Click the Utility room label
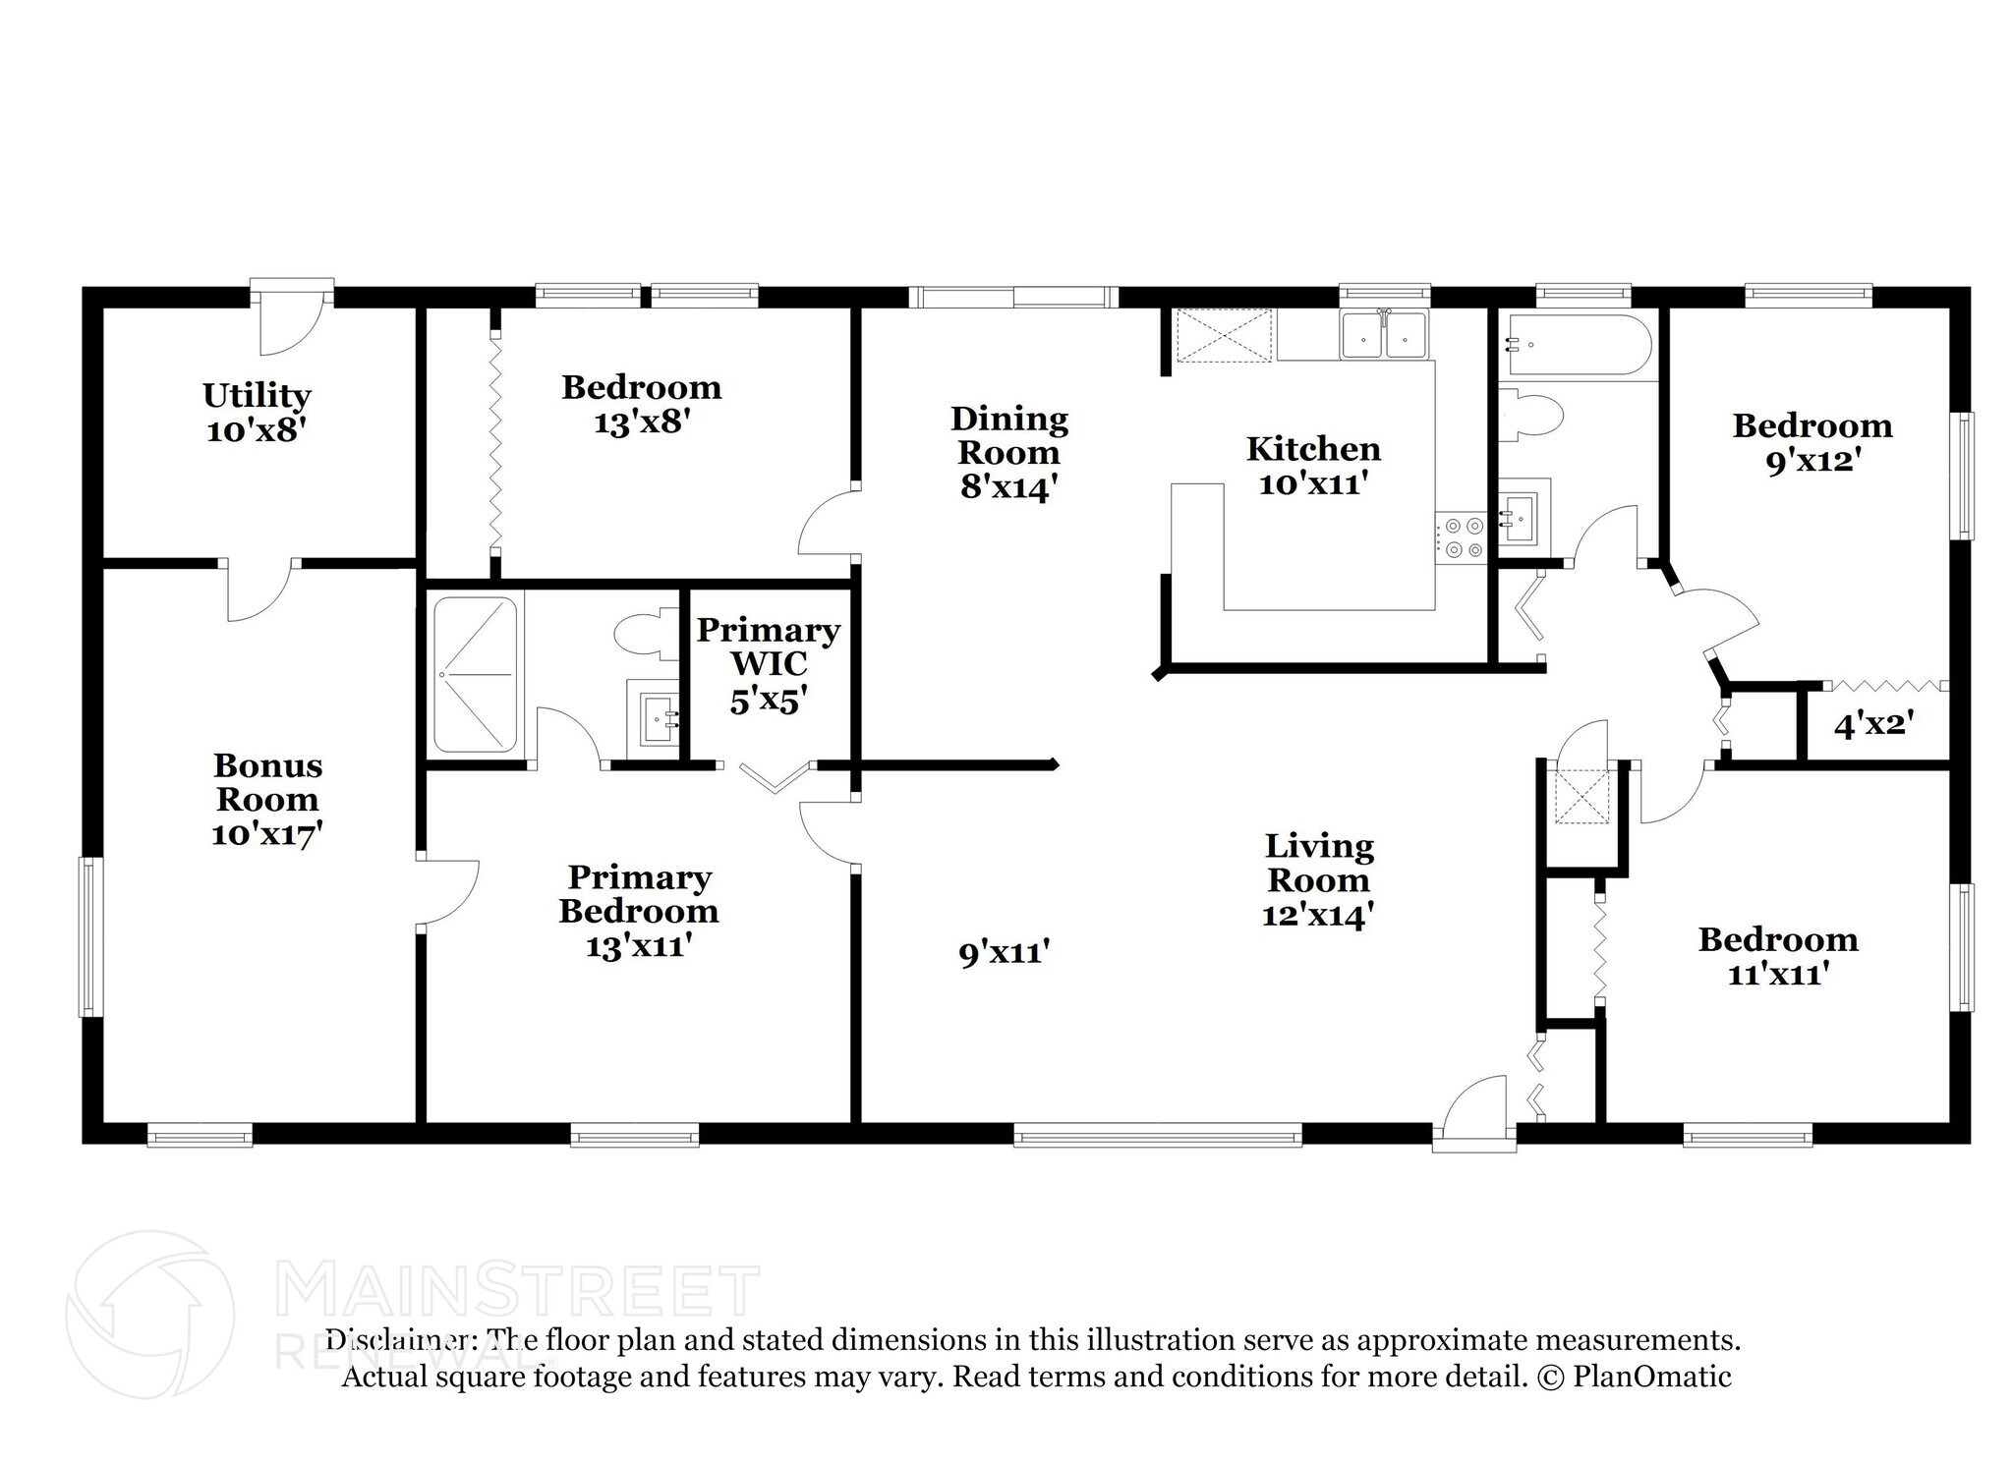click(257, 395)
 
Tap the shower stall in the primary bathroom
click(476, 676)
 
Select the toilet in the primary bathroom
click(644, 635)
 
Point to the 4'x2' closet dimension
click(1873, 725)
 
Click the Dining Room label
click(1009, 436)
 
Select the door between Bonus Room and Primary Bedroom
click(447, 892)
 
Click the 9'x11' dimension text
click(1005, 952)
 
